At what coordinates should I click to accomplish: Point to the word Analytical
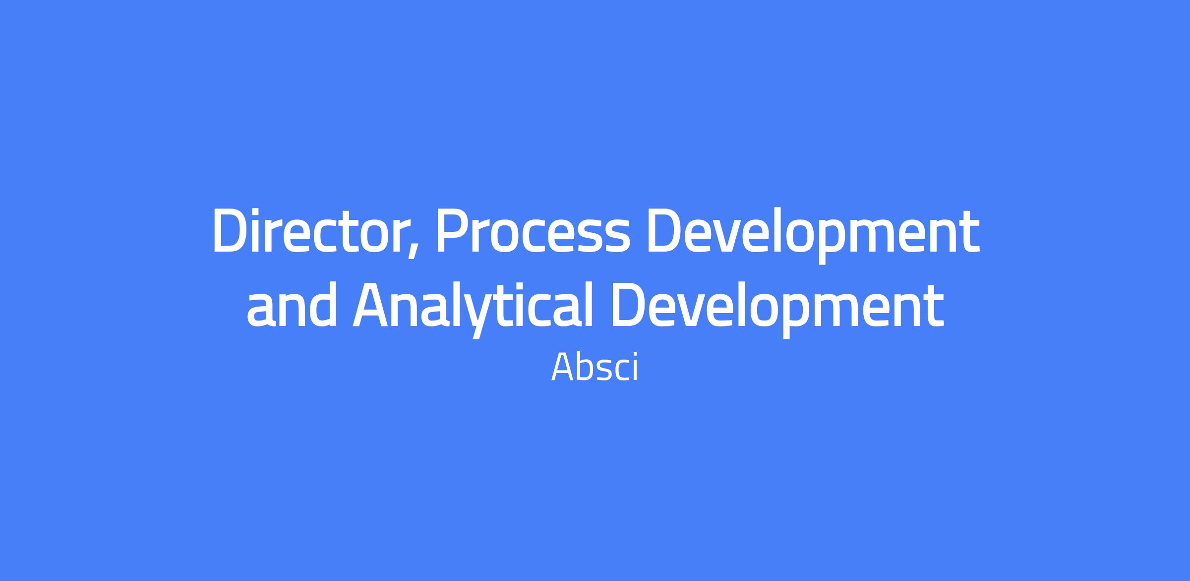coord(473,310)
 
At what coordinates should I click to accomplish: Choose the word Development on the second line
coord(777,310)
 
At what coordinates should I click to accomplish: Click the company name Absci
coord(595,368)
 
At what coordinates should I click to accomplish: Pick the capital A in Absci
coord(563,368)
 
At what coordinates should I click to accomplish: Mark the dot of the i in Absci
coord(634,354)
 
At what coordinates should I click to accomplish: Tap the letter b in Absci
coord(588,367)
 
